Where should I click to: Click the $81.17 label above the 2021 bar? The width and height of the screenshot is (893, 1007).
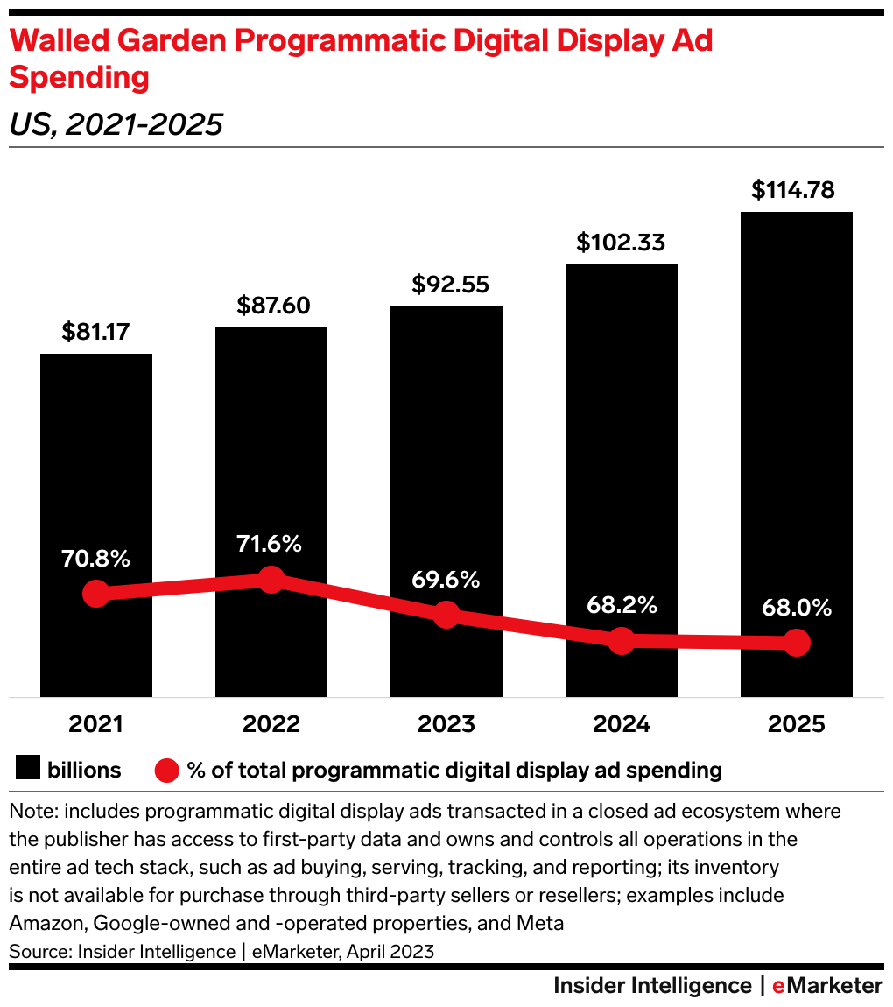click(x=96, y=332)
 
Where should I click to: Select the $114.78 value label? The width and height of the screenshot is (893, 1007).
click(x=796, y=190)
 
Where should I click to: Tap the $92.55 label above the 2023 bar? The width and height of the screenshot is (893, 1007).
click(x=446, y=285)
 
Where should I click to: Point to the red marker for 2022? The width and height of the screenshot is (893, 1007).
click(x=271, y=579)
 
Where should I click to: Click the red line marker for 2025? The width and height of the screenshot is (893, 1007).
click(x=796, y=643)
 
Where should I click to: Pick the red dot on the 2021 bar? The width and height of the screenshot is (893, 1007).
click(x=96, y=594)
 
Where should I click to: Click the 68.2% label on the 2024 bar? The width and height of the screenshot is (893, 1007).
click(x=622, y=605)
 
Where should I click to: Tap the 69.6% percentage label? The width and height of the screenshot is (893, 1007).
click(x=446, y=579)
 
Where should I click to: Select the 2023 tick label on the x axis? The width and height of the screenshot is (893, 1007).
click(x=446, y=724)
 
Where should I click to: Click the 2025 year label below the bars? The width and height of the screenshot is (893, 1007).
click(x=796, y=724)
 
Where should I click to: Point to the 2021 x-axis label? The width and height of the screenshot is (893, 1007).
click(x=96, y=724)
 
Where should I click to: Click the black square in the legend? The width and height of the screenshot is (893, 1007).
click(x=28, y=770)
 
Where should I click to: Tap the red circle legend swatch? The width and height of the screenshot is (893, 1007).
click(x=167, y=771)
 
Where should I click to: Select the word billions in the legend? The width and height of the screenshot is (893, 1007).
click(x=84, y=770)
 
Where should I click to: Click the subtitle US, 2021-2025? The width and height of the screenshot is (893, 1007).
click(x=116, y=124)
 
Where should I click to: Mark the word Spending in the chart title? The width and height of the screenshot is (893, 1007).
click(x=79, y=78)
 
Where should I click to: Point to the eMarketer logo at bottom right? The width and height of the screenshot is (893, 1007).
click(x=826, y=986)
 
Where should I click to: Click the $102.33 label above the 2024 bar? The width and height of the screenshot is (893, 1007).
click(x=622, y=243)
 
